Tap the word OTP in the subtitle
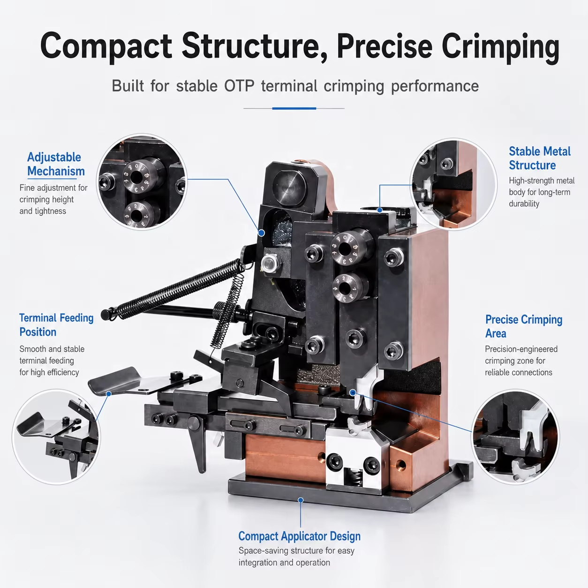(x=239, y=86)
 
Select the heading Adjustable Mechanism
(x=56, y=164)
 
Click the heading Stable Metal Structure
(x=540, y=158)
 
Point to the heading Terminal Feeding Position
(x=56, y=324)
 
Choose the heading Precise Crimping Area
(x=524, y=326)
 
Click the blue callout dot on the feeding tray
(x=109, y=394)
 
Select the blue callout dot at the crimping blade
(x=353, y=393)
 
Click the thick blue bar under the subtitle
(x=294, y=108)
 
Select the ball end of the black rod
(x=105, y=315)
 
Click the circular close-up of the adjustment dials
(x=142, y=182)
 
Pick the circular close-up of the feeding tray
(x=56, y=437)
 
